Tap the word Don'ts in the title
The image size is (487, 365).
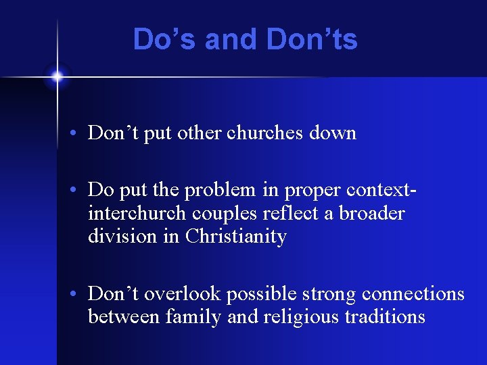tap(312, 39)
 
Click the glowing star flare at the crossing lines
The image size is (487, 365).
tap(57, 76)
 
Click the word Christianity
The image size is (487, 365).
tap(236, 237)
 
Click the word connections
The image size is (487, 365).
tap(413, 294)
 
